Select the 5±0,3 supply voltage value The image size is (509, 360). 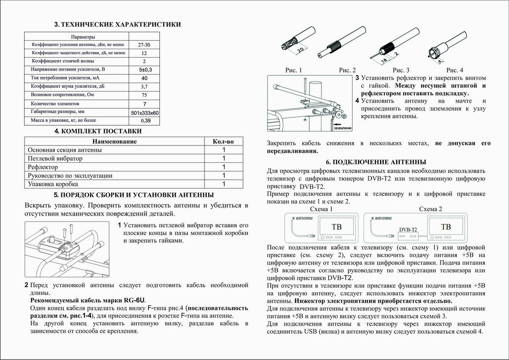(145, 69)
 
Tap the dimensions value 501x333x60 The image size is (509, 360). (145, 113)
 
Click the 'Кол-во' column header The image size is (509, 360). (223, 142)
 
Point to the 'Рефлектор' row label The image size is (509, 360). (43, 167)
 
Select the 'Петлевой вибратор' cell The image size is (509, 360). (55, 159)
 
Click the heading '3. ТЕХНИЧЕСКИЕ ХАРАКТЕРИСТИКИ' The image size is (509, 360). (117, 25)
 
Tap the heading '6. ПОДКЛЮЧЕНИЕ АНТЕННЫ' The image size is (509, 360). (376, 162)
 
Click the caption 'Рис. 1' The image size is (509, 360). (294, 70)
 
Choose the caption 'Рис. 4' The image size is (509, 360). (455, 70)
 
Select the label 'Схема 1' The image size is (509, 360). (322, 209)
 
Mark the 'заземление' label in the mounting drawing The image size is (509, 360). (342, 128)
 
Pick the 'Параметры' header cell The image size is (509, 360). (77, 37)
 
